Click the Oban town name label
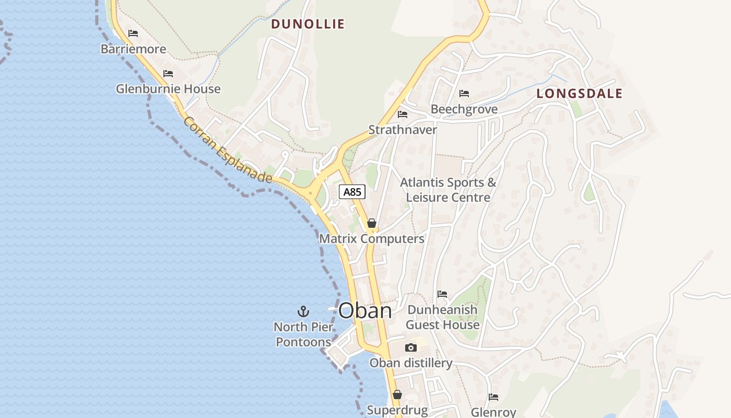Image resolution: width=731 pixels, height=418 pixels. [365, 311]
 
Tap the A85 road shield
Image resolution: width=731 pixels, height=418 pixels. [352, 192]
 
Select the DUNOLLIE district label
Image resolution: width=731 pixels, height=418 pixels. [308, 24]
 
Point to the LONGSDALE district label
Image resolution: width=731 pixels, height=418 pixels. [580, 94]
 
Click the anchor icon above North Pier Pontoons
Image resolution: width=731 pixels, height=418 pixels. [303, 312]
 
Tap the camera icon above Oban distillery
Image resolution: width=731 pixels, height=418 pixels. [411, 347]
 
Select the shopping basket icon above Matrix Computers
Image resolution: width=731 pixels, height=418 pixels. [372, 223]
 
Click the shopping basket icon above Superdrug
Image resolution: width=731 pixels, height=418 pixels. [397, 394]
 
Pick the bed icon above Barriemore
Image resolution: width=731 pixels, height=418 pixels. [133, 33]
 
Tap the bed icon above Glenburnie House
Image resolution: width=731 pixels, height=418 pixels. [168, 74]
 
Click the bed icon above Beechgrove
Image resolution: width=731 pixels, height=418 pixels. [464, 94]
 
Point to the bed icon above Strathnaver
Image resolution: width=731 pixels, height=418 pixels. [403, 114]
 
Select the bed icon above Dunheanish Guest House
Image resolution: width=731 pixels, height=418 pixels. [442, 294]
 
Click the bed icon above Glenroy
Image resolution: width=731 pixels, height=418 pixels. [493, 397]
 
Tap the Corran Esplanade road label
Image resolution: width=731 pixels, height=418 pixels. [228, 150]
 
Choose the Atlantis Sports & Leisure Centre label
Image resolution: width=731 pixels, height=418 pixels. [448, 190]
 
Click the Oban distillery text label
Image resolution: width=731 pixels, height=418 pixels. [411, 363]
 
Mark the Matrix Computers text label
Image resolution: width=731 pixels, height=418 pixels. [372, 239]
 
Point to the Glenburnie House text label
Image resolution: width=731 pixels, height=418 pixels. [168, 89]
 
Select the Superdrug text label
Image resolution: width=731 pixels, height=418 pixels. [397, 410]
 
